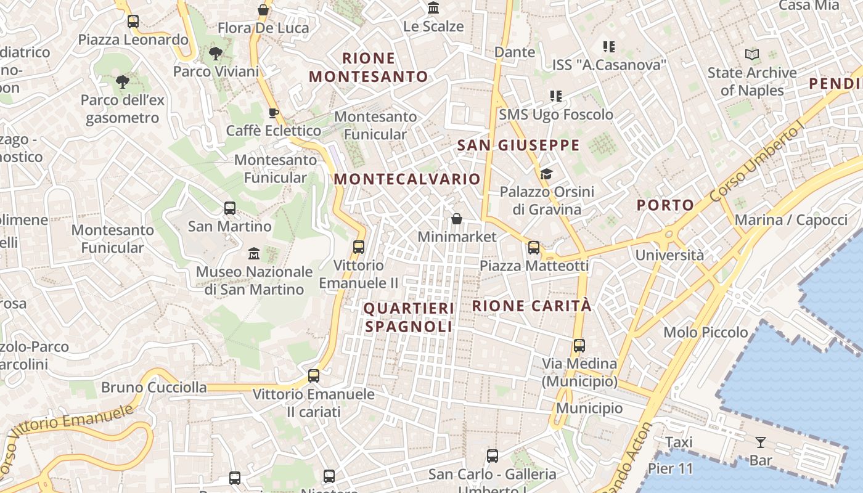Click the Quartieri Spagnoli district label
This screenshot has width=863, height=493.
(x=409, y=317)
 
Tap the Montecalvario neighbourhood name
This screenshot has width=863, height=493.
(x=407, y=179)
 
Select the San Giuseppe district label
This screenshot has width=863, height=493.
(x=518, y=145)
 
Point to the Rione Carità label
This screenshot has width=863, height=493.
(x=531, y=306)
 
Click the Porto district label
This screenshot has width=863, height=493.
(x=665, y=205)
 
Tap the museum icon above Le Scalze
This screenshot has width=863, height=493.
(x=433, y=9)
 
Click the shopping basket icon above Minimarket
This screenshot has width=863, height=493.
(x=457, y=219)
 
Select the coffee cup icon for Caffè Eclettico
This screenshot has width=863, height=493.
(x=274, y=113)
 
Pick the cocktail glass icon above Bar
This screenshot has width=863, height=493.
(x=760, y=442)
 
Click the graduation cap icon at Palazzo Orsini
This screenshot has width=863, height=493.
(x=546, y=174)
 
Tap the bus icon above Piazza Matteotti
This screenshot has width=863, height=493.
(x=534, y=248)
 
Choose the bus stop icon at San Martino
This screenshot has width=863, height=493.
(x=230, y=208)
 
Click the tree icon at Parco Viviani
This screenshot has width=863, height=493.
(x=215, y=54)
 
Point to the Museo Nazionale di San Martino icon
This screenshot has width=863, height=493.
(x=253, y=253)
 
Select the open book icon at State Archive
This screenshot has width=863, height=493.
(x=751, y=55)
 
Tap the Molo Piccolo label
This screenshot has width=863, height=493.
(x=705, y=333)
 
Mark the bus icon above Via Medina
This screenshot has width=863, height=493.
(x=579, y=346)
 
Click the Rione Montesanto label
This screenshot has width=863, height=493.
(x=368, y=67)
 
